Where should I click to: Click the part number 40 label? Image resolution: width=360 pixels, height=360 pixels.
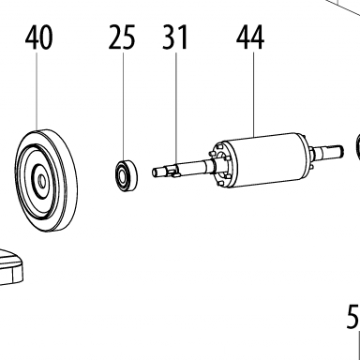pos(38,37)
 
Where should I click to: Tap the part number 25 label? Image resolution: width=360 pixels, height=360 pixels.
pos(122,37)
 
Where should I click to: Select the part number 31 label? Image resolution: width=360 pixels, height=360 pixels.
pos(175,37)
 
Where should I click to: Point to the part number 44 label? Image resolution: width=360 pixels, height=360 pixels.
pos(250,37)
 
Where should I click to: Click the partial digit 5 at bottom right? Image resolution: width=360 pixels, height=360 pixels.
pos(353,317)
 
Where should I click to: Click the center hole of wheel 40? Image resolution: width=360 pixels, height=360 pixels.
pos(41,181)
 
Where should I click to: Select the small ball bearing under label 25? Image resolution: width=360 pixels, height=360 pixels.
pos(127,175)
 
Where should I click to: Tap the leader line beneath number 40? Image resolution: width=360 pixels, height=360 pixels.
pos(37,91)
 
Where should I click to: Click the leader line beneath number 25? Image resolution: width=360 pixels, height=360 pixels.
pos(123,106)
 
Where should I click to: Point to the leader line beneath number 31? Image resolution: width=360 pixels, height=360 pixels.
pos(176,109)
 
